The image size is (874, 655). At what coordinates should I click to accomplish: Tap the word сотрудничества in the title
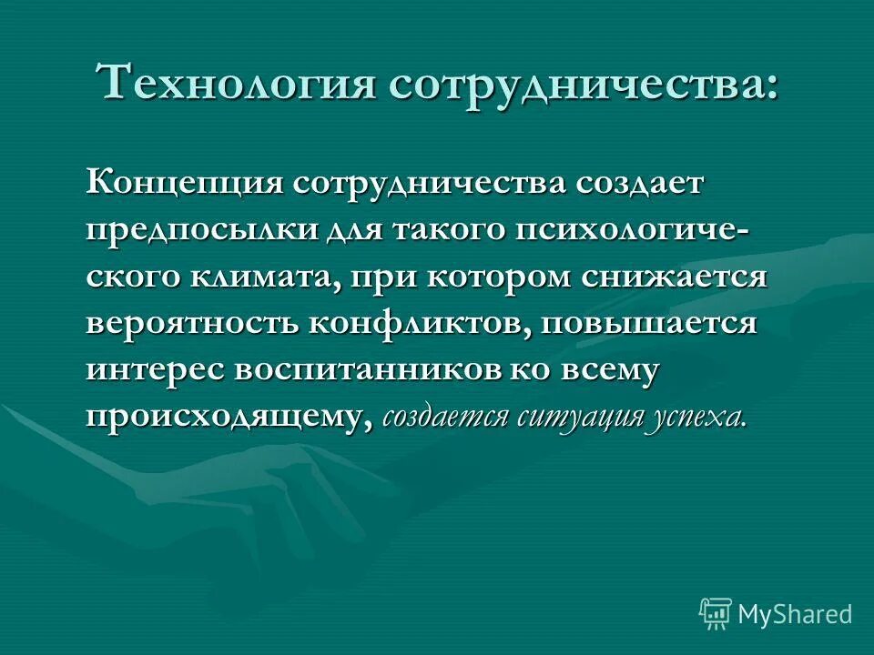(584, 83)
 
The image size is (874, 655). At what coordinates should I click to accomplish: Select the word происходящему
(229, 417)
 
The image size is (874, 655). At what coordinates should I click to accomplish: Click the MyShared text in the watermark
(795, 614)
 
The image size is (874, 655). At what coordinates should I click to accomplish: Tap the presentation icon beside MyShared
(716, 614)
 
